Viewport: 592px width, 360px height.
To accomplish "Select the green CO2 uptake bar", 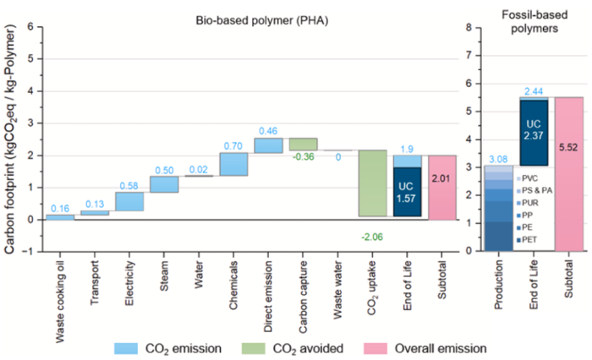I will click(x=372, y=183).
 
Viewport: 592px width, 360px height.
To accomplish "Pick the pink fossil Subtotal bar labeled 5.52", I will click(x=569, y=173).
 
